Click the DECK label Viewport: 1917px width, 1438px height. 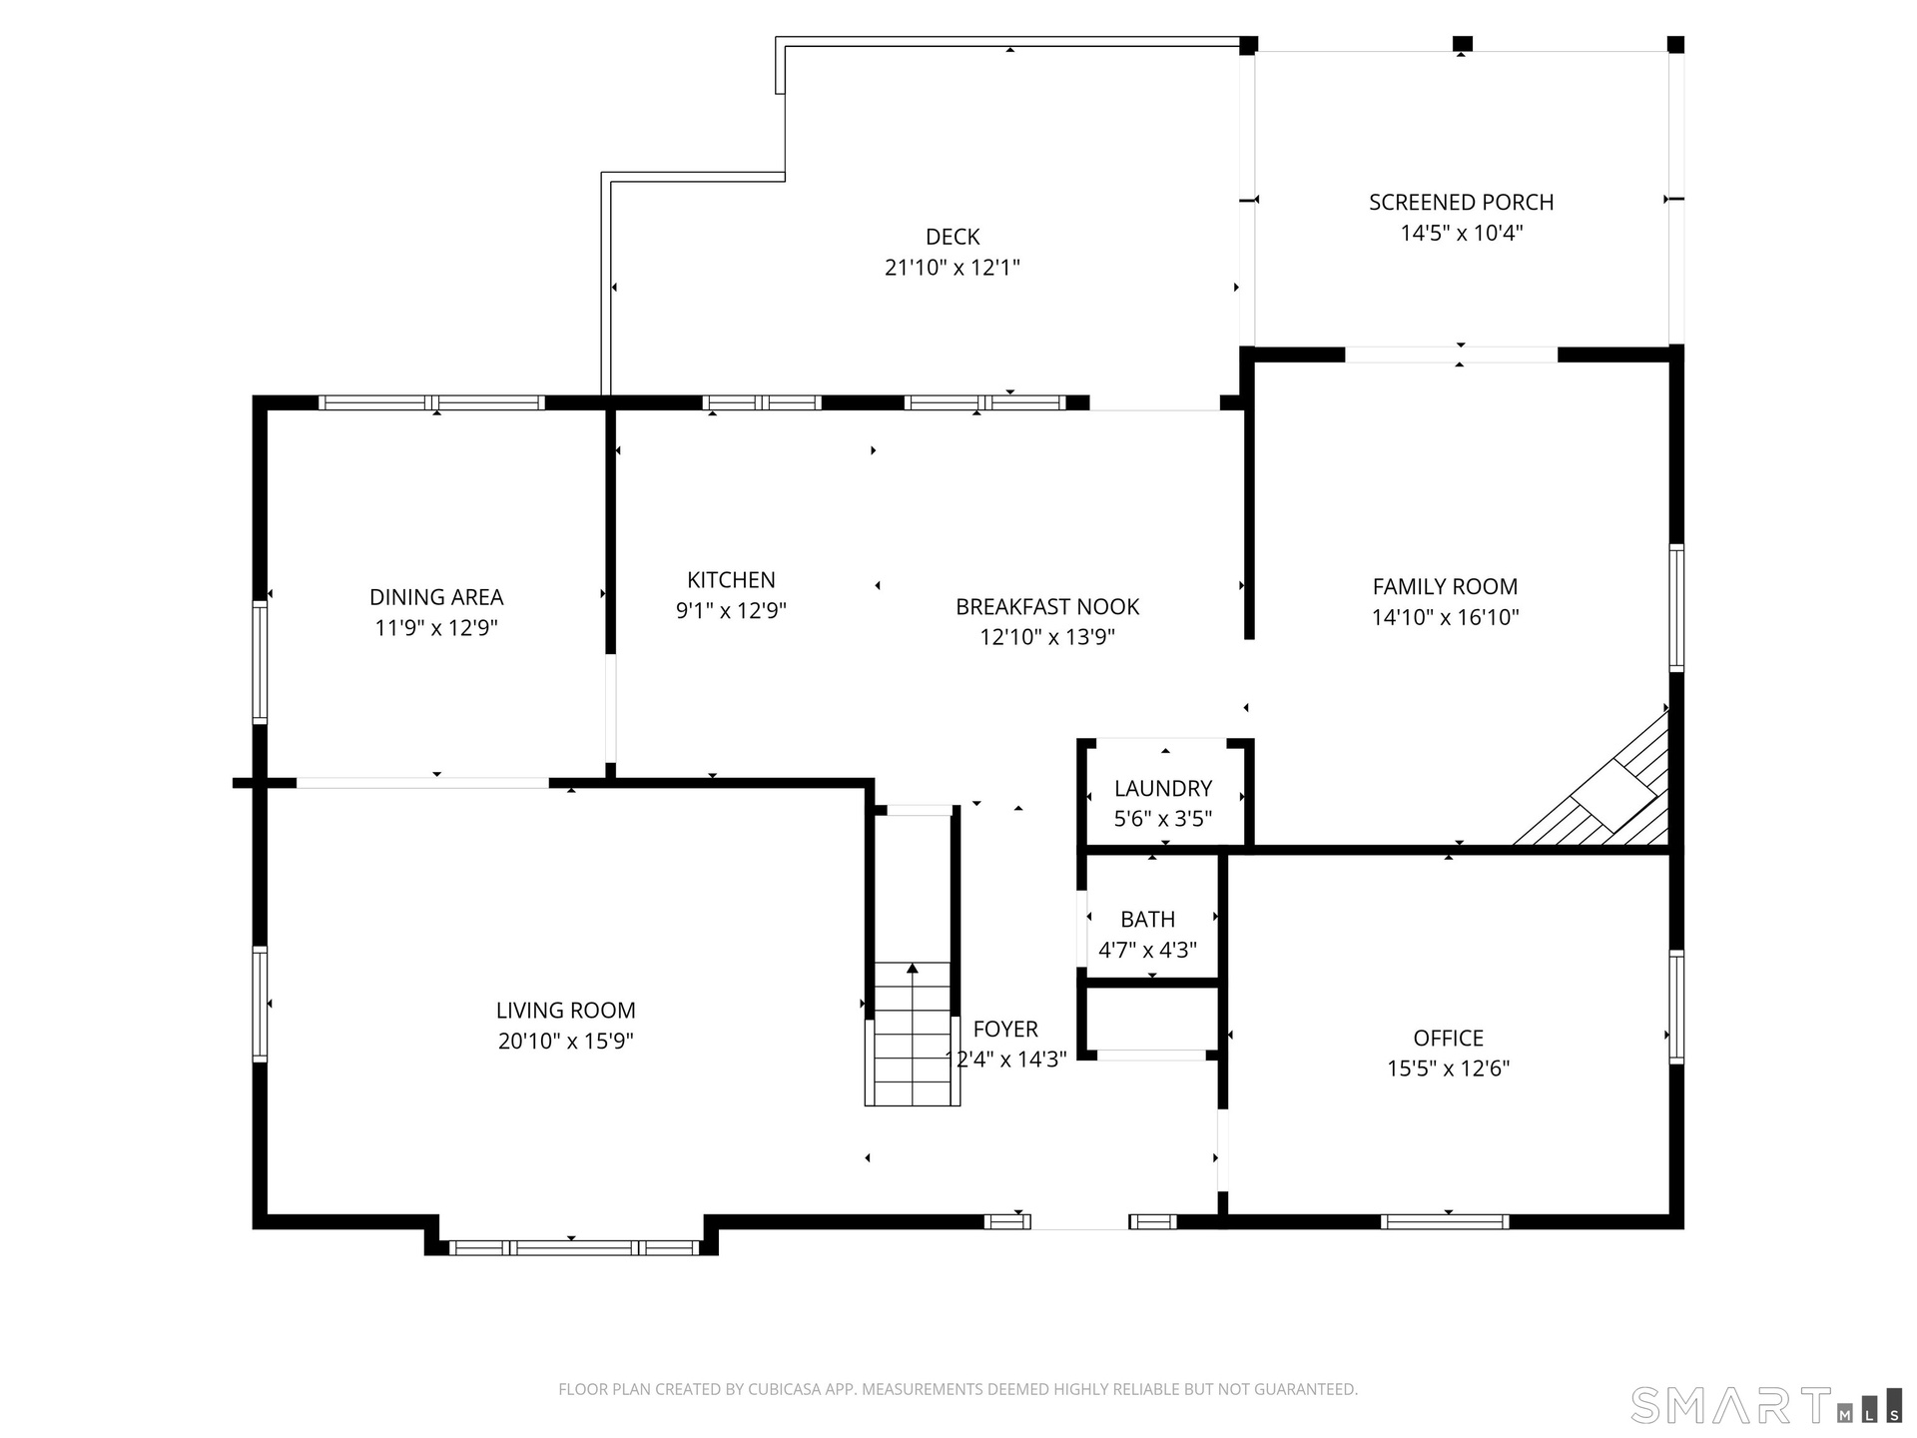(x=953, y=237)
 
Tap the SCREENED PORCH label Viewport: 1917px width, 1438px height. (x=1461, y=203)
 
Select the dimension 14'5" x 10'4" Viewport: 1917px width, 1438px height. (x=1461, y=234)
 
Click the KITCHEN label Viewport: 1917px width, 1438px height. (x=731, y=580)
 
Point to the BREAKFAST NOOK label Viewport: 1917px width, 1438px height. (x=1047, y=607)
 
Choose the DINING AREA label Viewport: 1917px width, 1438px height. (x=436, y=597)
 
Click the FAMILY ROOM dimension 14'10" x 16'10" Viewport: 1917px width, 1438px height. (x=1445, y=617)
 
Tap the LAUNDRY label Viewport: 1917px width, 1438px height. (x=1163, y=789)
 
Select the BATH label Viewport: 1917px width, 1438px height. (x=1147, y=920)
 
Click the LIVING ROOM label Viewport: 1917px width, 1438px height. (x=565, y=1011)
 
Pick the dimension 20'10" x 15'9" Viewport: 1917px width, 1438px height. (x=565, y=1042)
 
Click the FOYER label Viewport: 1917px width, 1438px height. (x=1005, y=1030)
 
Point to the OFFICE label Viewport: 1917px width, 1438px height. (x=1448, y=1039)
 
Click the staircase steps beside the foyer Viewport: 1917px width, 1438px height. (x=913, y=1035)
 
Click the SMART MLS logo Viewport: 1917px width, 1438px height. (x=1765, y=1404)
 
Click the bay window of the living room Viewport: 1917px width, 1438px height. (x=573, y=1247)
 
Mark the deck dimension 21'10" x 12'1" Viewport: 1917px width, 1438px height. (x=953, y=268)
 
